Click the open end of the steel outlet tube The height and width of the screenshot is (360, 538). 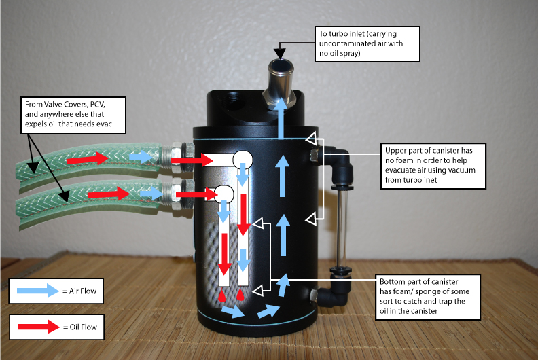coord(279,67)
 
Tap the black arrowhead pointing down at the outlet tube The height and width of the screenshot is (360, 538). coord(279,52)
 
